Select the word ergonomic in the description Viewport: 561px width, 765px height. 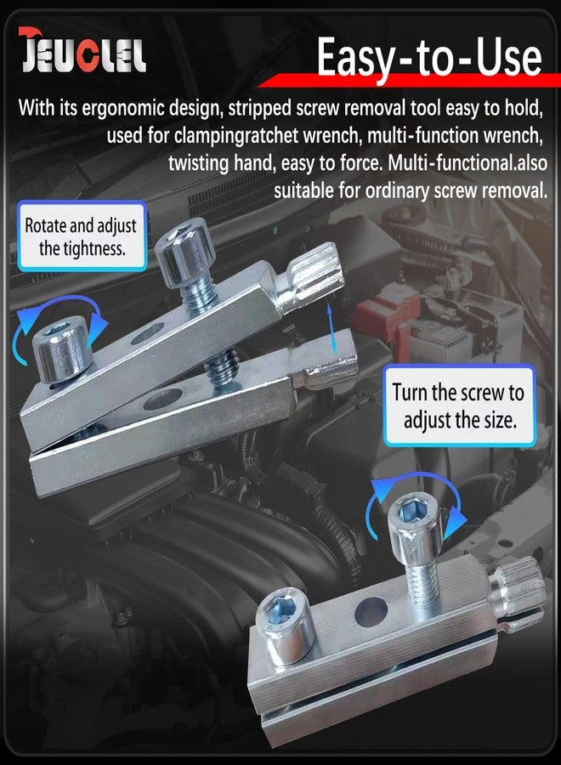click(123, 108)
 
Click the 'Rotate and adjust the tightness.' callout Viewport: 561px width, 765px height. click(82, 236)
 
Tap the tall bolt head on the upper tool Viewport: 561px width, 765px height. click(186, 252)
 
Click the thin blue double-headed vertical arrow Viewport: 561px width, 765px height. click(331, 328)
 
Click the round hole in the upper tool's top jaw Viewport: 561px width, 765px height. click(147, 334)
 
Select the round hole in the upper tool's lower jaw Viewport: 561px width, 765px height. click(163, 399)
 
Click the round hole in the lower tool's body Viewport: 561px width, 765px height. click(371, 611)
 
